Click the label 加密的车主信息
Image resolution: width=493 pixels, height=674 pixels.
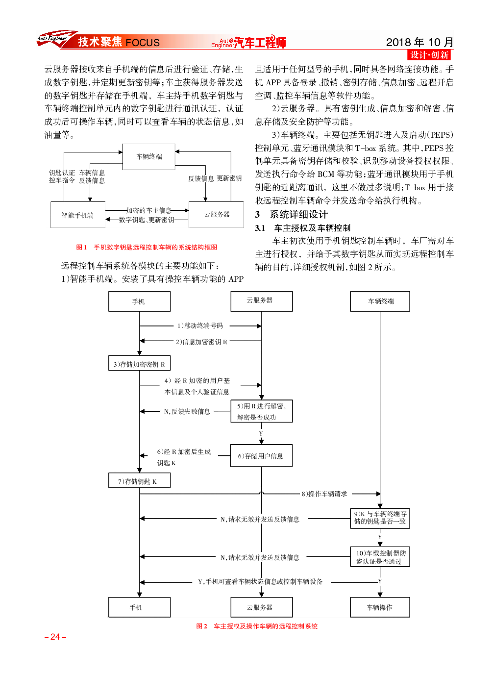pos(148,210)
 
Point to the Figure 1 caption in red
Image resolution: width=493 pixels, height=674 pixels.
pos(147,248)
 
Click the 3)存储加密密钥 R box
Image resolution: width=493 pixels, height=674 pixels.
pos(139,363)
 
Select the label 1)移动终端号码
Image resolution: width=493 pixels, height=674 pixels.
pos(200,325)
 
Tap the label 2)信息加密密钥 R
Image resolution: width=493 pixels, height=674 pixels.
pos(201,342)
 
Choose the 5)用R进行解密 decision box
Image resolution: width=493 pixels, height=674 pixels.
pos(261,411)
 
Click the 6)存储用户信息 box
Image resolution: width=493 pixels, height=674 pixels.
pos(261,455)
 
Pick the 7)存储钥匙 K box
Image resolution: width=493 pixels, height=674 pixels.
pos(139,480)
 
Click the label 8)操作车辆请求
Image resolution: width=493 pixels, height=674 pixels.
pos(324,494)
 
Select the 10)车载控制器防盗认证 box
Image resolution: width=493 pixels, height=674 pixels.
pos(380,557)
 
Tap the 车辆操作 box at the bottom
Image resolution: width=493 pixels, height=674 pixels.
pos(380,607)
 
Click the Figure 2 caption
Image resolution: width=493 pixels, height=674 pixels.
pos(257,626)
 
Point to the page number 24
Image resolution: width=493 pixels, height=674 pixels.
pos(55,637)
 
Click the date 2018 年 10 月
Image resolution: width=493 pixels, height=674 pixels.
pos(419,42)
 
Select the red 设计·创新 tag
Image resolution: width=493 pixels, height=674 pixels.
pos(429,55)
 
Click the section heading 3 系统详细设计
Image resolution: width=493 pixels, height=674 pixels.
pos(291,214)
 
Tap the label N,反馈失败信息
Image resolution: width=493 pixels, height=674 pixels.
pos(187,411)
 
